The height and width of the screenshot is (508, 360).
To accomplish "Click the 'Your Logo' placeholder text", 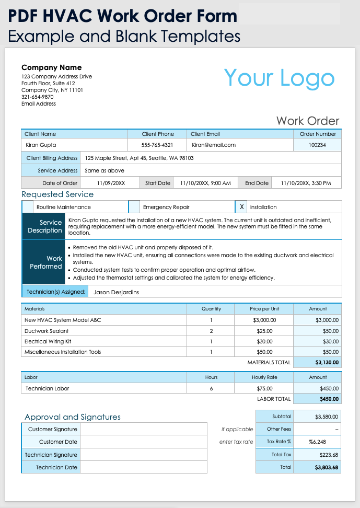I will (279, 78).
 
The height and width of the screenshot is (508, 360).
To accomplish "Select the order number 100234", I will (317, 145).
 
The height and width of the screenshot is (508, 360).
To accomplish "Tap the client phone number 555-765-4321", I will (157, 145).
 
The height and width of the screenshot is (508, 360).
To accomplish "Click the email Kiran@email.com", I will (214, 145).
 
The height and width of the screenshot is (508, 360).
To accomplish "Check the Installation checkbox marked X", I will (241, 207).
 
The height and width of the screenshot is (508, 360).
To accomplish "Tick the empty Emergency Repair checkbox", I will (134, 207).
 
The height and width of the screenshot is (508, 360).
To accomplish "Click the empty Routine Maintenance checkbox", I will (27, 207).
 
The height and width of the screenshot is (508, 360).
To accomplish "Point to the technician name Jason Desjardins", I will (116, 292).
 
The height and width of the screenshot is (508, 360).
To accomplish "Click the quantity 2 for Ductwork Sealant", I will (211, 331).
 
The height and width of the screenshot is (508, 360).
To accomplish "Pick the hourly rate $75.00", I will (264, 388).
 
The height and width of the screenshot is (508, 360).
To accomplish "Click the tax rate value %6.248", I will (317, 442).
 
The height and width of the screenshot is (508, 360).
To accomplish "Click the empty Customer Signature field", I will (143, 429).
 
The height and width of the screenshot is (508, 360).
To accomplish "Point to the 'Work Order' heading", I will (308, 121).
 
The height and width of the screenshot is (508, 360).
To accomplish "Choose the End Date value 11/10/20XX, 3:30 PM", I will (306, 183).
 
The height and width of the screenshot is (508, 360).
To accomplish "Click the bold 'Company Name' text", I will (51, 67).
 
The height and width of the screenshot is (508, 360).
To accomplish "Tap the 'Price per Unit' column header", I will (264, 309).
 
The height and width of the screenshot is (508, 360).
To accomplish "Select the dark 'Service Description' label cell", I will (45, 226).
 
